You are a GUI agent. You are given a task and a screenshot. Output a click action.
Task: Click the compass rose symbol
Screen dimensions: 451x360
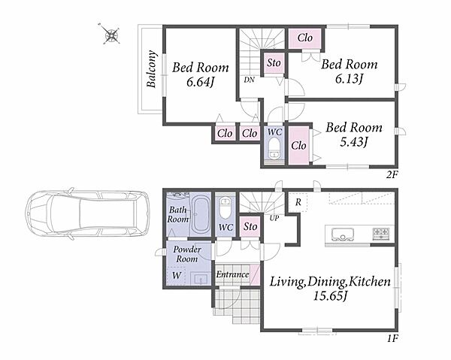click(110, 35)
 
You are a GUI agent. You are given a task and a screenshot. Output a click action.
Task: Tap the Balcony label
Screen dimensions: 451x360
click(151, 68)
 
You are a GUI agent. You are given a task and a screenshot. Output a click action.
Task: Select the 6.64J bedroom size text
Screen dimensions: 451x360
click(200, 82)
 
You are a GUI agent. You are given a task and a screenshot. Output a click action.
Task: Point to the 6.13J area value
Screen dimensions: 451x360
click(350, 78)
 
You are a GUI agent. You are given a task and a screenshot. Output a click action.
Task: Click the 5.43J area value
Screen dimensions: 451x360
click(354, 142)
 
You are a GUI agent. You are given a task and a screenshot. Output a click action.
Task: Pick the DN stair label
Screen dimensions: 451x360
click(250, 80)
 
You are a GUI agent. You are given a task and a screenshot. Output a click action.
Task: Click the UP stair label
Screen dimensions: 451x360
click(274, 218)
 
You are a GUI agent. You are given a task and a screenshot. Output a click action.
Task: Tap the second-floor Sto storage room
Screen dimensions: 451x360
click(274, 63)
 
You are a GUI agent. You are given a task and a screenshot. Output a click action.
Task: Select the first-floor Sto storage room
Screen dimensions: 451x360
click(250, 226)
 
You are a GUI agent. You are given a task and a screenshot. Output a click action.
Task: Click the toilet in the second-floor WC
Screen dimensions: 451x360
click(274, 148)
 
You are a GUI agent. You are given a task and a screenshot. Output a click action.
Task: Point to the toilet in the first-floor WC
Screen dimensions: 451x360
click(225, 207)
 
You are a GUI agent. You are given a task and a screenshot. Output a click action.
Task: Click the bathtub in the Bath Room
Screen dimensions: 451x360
click(200, 215)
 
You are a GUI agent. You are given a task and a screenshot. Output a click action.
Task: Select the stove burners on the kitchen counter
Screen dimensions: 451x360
click(381, 234)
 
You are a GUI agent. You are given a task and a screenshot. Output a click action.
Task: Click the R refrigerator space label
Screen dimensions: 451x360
click(298, 202)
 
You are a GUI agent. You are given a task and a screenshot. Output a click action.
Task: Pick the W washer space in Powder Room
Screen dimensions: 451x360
click(177, 276)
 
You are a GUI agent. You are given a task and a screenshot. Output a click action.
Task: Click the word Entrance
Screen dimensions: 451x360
click(232, 274)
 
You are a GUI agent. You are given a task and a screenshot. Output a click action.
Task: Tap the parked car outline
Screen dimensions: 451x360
click(87, 213)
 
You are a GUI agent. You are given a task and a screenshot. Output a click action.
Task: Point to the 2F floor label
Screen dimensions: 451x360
click(392, 175)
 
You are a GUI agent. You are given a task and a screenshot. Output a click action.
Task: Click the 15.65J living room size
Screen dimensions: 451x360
click(330, 296)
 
